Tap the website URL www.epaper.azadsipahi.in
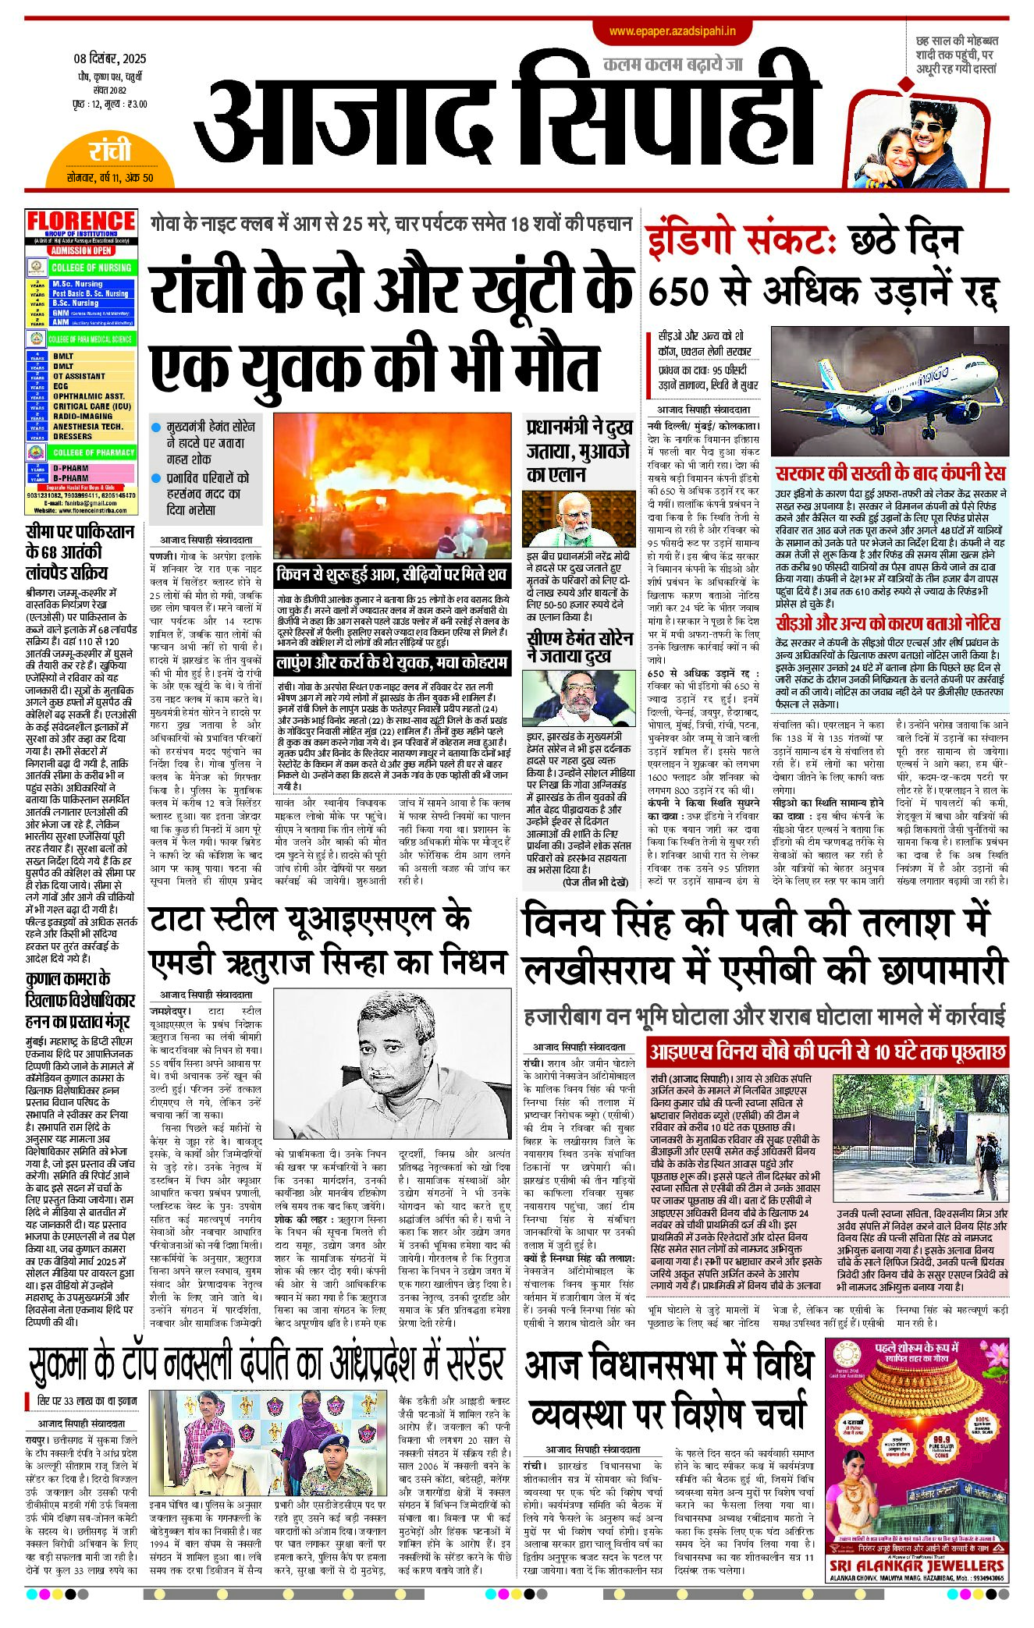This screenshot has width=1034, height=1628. [x=673, y=31]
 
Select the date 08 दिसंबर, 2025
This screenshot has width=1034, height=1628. [x=110, y=59]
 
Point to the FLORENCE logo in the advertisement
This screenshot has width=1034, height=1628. [x=81, y=222]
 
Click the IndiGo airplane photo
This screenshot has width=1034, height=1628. [x=890, y=390]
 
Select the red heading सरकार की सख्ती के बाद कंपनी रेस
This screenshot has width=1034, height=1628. [x=890, y=473]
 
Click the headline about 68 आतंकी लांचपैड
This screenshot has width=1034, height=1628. [x=79, y=552]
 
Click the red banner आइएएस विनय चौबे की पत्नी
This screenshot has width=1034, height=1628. [x=827, y=1052]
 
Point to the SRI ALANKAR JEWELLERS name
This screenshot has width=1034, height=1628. [x=916, y=1566]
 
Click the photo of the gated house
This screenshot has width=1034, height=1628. [x=920, y=1138]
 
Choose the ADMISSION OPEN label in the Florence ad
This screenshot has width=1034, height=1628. [x=81, y=250]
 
